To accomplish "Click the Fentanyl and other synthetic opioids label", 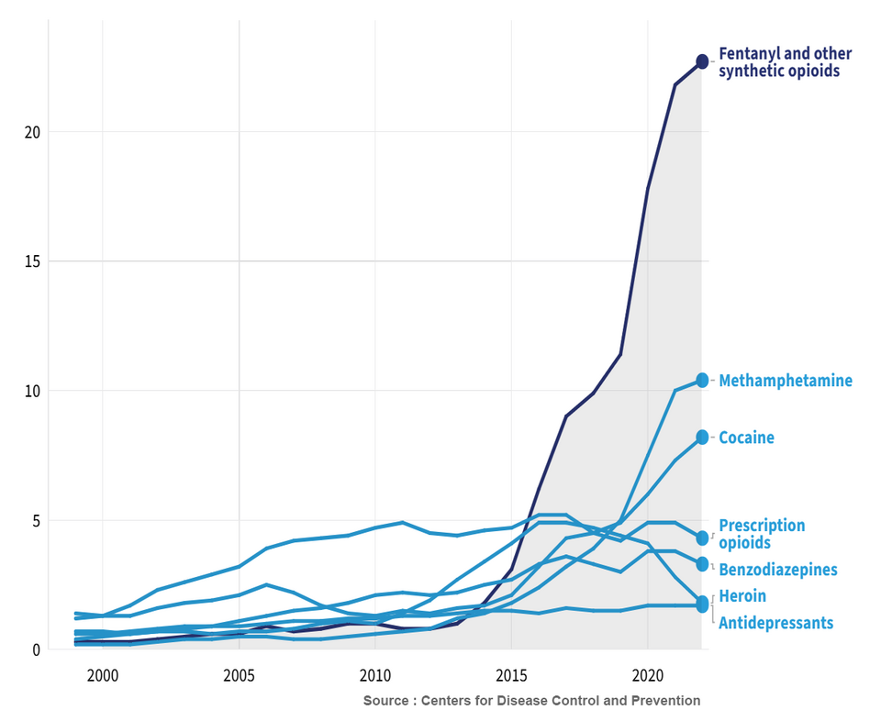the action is [785, 62].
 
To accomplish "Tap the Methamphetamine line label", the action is [786, 381].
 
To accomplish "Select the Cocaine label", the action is [746, 438].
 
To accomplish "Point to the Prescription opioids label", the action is [762, 534].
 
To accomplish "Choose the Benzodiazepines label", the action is [778, 570].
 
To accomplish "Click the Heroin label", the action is [742, 595].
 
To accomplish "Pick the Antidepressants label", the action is [776, 623].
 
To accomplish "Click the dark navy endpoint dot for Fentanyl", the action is [702, 61].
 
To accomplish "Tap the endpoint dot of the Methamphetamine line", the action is [702, 380].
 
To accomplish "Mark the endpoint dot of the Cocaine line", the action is [702, 437].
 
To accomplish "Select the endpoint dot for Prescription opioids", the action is [702, 538].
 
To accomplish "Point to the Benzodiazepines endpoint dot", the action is [702, 564].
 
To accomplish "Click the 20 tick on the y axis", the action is [33, 132].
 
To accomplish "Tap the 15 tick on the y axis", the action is [33, 261].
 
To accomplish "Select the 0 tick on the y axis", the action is [37, 649].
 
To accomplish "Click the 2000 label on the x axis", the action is [103, 675].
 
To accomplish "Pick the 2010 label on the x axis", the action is [375, 675].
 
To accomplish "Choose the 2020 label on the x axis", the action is [648, 675].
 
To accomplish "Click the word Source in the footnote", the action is [384, 701].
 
